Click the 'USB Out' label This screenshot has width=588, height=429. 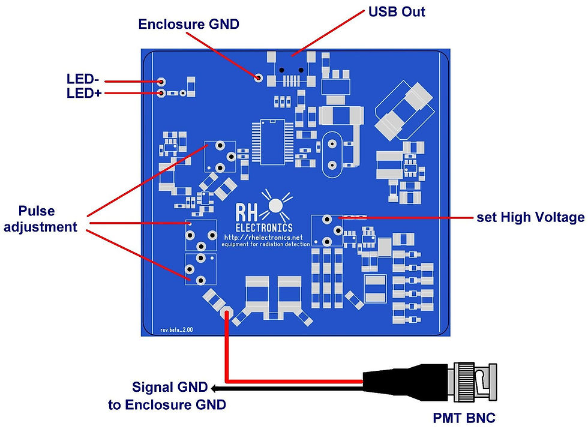click(x=397, y=12)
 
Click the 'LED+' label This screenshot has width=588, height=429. click(x=84, y=94)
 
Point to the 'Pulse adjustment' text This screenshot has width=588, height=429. click(x=45, y=219)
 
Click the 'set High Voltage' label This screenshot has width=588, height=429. click(x=530, y=217)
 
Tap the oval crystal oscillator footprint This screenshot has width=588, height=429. click(x=331, y=155)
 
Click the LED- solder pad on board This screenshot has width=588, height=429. click(x=161, y=82)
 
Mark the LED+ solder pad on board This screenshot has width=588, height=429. click(x=161, y=94)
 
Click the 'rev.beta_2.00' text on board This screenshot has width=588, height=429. click(x=176, y=329)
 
